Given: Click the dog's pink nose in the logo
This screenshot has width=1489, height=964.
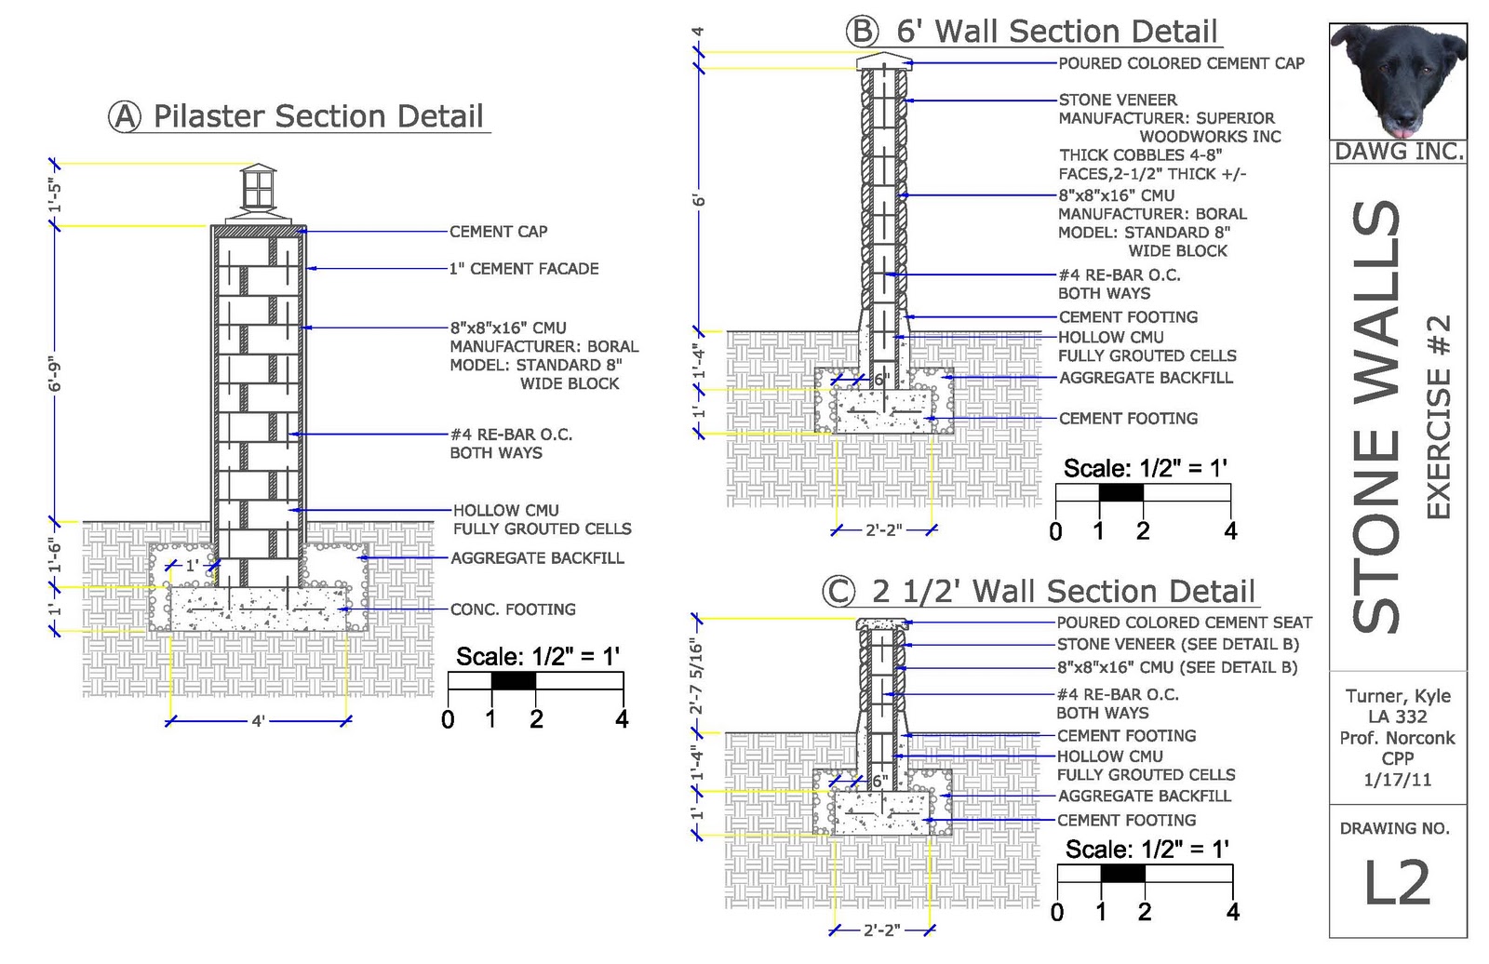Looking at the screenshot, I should (1398, 118).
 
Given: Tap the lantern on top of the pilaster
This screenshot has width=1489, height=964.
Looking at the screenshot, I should (259, 188).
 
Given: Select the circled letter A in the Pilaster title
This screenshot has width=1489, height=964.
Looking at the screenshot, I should (125, 117).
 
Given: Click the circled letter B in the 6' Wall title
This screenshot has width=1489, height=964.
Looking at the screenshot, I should (862, 32).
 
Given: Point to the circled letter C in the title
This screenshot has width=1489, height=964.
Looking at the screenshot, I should (838, 592).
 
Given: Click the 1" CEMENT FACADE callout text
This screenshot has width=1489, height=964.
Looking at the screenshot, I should (524, 269).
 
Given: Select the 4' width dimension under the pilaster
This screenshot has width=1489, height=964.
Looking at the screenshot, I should (258, 721).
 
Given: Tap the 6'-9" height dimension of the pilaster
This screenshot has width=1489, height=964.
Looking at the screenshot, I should (56, 372).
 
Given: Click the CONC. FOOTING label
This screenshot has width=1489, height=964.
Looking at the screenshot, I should (513, 609).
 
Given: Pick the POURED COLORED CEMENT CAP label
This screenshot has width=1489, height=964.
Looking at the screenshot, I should (1181, 63).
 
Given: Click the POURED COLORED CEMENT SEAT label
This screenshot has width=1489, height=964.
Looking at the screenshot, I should (1184, 623).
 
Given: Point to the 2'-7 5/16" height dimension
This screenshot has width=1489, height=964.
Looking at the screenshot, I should (696, 676).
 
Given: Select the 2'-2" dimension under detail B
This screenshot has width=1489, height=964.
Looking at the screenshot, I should (883, 530).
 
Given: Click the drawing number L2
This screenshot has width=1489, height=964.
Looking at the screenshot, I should (1396, 882).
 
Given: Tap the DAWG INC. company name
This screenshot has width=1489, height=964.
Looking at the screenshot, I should (1398, 152).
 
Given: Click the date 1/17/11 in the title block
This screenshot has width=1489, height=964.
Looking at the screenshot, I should (1397, 780).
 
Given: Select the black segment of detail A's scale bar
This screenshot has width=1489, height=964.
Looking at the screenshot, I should (514, 681).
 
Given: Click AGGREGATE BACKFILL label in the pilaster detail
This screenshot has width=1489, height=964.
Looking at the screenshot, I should (537, 558).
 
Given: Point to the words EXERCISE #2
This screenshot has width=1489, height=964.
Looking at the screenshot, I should (1438, 416).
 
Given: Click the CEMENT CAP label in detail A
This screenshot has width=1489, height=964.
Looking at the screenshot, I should (498, 232).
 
